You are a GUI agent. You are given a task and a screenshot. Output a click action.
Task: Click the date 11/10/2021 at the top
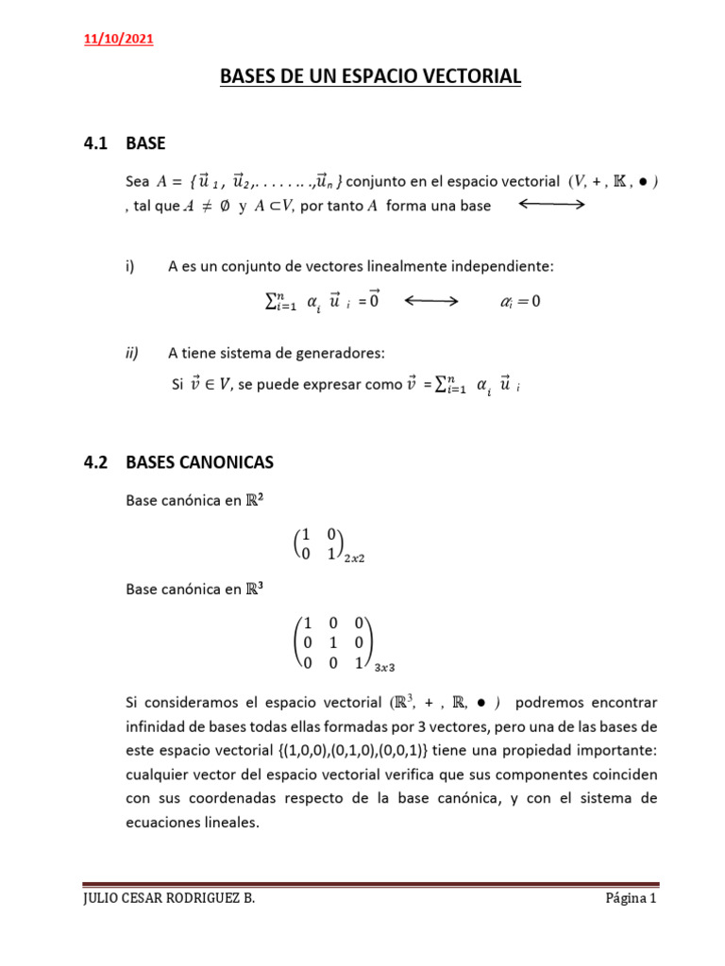tap(119, 40)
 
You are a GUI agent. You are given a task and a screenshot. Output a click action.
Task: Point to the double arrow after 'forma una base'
tap(552, 205)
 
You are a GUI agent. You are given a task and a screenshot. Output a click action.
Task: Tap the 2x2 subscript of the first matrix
tap(353, 558)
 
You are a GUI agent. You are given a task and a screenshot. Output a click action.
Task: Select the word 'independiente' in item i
tap(507, 267)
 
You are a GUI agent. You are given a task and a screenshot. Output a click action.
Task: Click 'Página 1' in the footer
tap(631, 899)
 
